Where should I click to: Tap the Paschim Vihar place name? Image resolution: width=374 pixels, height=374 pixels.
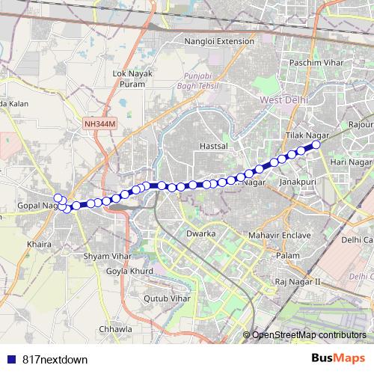[316, 63]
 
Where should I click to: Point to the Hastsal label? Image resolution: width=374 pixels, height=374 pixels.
[213, 147]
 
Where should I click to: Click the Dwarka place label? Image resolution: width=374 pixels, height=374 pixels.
[201, 234]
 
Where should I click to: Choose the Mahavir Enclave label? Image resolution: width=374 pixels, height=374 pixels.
[279, 235]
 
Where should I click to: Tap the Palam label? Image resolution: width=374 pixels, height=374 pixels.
[288, 256]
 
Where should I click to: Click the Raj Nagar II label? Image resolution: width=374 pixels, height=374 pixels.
[297, 281]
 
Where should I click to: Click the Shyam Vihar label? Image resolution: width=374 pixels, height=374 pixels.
[107, 256]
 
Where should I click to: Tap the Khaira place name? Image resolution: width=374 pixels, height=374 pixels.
[38, 244]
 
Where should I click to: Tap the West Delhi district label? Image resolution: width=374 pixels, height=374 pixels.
[280, 99]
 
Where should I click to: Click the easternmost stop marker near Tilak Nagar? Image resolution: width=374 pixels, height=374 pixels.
[316, 144]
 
